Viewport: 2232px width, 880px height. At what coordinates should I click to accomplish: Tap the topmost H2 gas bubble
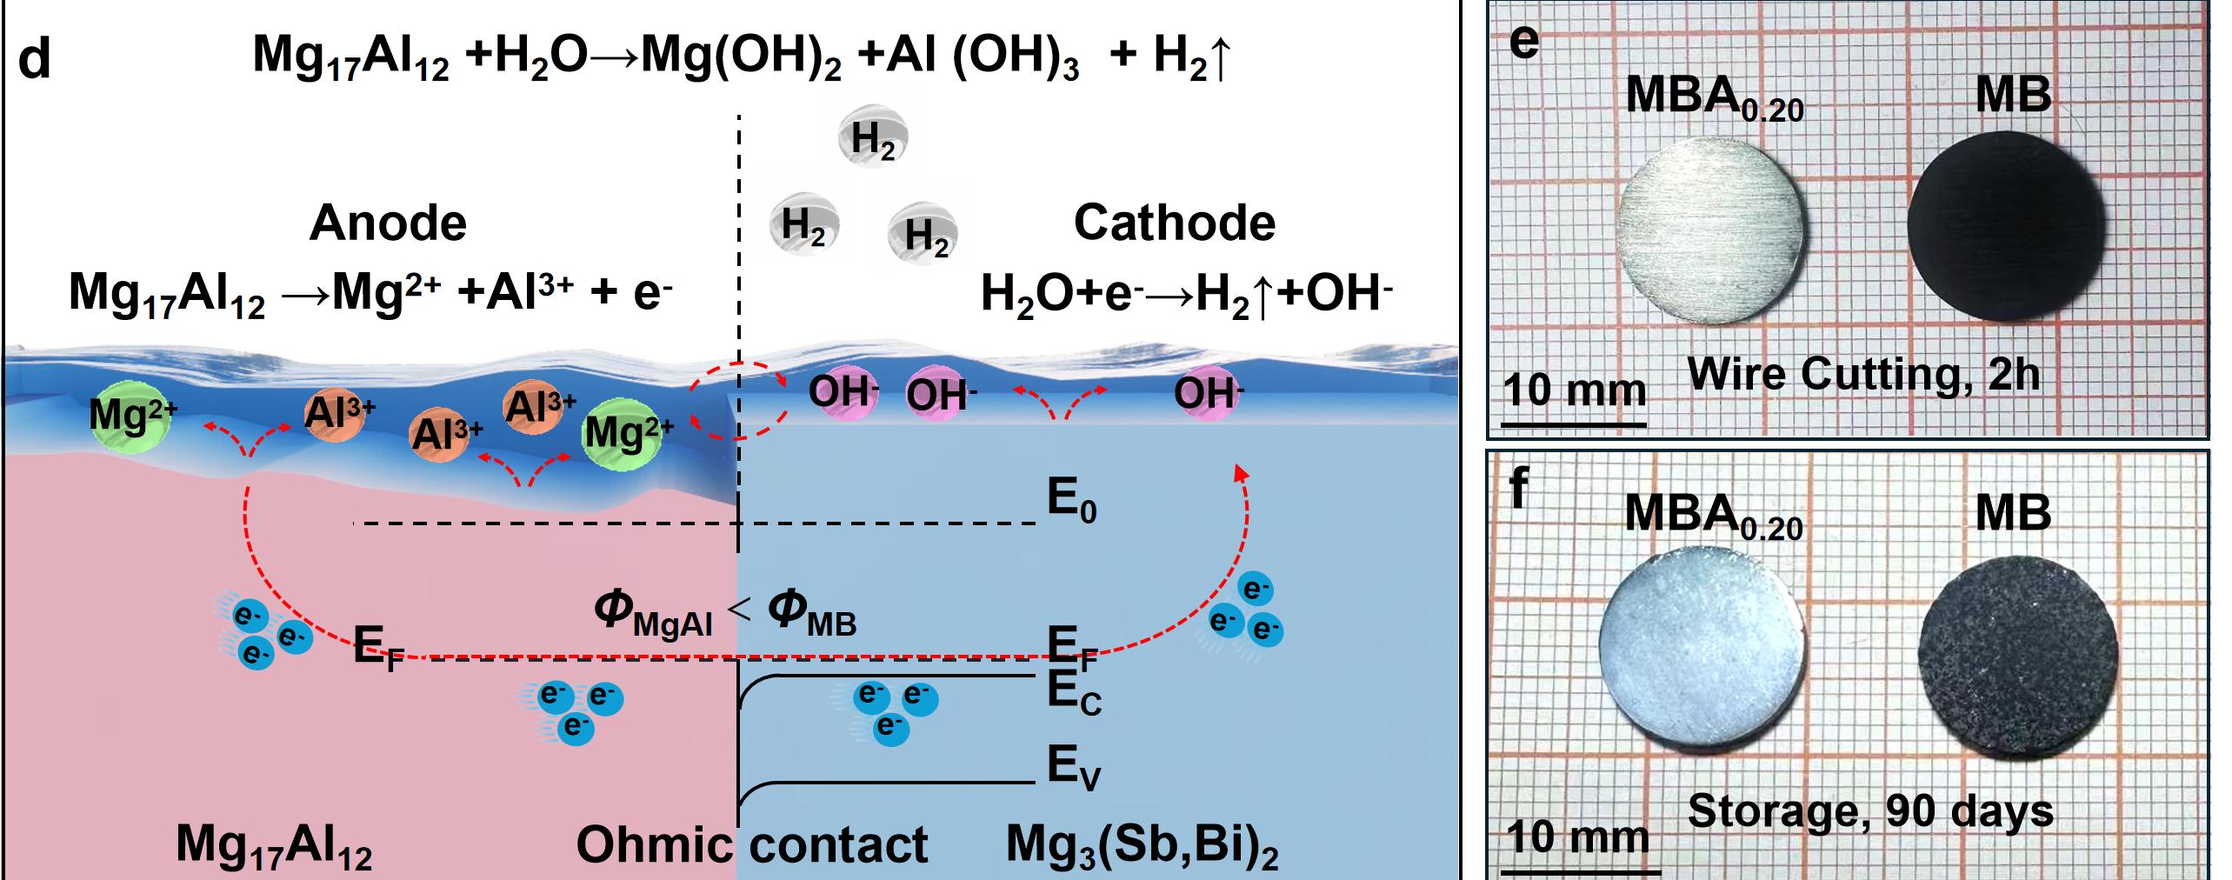pos(873,137)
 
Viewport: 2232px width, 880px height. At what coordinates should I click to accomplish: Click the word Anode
pos(388,223)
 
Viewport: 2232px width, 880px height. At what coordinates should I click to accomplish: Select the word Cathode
pos(1174,223)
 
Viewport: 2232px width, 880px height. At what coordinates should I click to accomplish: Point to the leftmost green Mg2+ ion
pos(131,417)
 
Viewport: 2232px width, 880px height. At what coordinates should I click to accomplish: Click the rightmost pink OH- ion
pos(1208,394)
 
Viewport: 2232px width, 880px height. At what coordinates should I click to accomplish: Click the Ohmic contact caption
pos(752,844)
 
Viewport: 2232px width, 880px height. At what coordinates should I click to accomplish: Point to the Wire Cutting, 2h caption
pos(1863,375)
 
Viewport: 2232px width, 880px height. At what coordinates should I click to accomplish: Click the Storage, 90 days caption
pos(1870,811)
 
